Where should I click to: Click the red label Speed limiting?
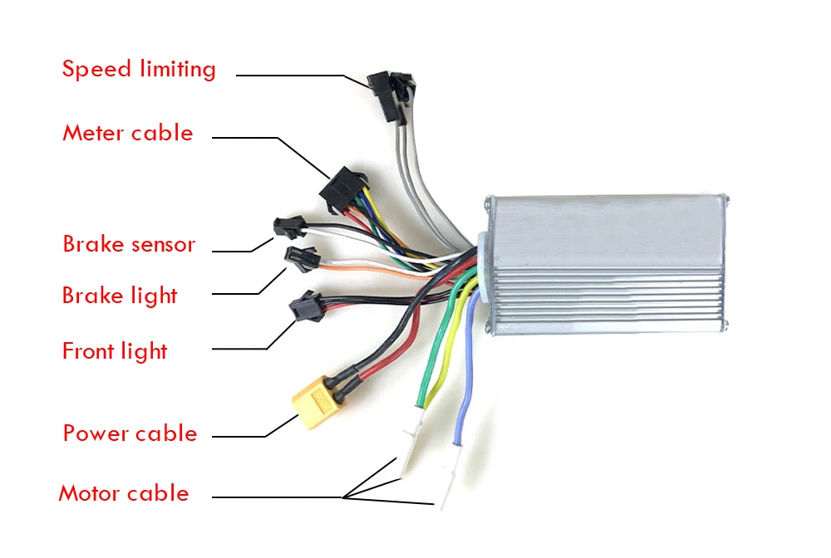click(x=139, y=69)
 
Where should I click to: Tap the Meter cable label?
click(x=127, y=133)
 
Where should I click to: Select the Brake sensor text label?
click(x=129, y=244)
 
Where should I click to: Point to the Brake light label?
click(x=120, y=295)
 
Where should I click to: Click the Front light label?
click(x=115, y=351)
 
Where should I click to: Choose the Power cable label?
click(x=130, y=433)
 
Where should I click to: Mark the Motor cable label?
click(x=124, y=493)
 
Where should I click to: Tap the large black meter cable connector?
click(x=341, y=189)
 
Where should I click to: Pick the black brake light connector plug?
click(x=297, y=258)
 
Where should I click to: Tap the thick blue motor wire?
click(x=466, y=365)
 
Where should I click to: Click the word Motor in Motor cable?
click(x=88, y=493)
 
